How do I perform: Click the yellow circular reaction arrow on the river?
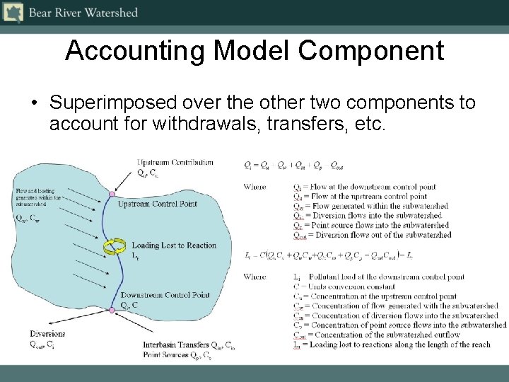(x=112, y=247)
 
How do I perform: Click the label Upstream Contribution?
(x=175, y=163)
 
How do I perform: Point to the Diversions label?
(x=47, y=334)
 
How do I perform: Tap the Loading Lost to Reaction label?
(x=174, y=245)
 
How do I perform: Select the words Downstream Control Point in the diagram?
(x=165, y=295)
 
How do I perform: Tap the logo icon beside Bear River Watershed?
(x=13, y=12)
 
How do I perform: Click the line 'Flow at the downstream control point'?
(x=371, y=187)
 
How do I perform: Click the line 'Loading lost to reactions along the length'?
(x=392, y=345)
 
